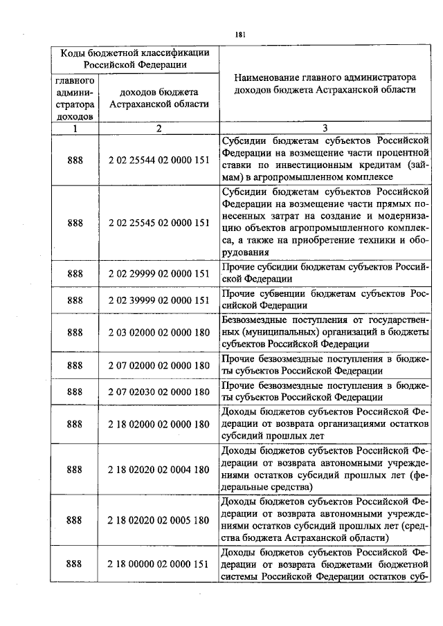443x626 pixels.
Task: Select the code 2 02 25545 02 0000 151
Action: pyautogui.click(x=159, y=223)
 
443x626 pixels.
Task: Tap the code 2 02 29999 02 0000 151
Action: pyautogui.click(x=159, y=273)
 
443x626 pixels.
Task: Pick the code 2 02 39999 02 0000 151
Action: pyautogui.click(x=159, y=300)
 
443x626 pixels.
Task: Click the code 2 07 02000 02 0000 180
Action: pyautogui.click(x=159, y=365)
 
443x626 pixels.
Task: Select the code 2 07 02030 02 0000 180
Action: pyautogui.click(x=159, y=392)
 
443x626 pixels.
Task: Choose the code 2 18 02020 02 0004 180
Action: pyautogui.click(x=159, y=469)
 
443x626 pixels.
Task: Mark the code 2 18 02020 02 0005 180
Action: pyautogui.click(x=159, y=519)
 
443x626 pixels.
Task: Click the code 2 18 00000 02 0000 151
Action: pyautogui.click(x=159, y=564)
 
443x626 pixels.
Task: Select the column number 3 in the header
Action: pyautogui.click(x=324, y=128)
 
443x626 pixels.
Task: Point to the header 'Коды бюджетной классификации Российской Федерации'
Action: pyautogui.click(x=135, y=59)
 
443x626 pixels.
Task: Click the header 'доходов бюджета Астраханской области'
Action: pyautogui.click(x=159, y=98)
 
